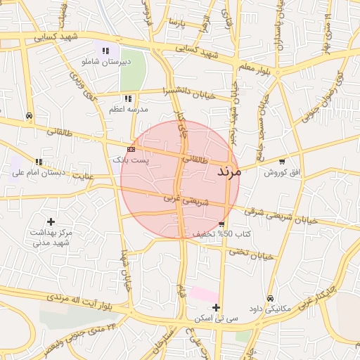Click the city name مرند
tap(229, 171)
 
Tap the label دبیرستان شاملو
tap(106, 62)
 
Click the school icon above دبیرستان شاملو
tap(105, 51)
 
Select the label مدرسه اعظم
tap(127, 110)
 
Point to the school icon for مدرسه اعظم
tap(127, 99)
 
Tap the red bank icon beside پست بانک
tap(131, 150)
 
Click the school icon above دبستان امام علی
tap(39, 162)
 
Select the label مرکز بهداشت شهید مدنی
tap(51, 237)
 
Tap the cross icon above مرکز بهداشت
tap(51, 221)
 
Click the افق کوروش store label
tap(282, 172)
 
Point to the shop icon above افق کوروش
tap(283, 161)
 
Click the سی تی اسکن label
tap(215, 319)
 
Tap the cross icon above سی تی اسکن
tap(216, 307)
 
